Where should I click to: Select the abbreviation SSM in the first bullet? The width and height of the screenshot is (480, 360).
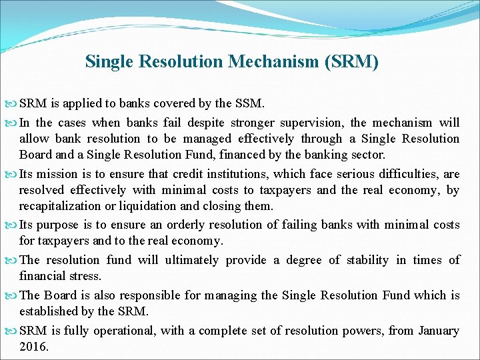[249, 103]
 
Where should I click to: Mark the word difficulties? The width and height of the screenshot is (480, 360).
[412, 174]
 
